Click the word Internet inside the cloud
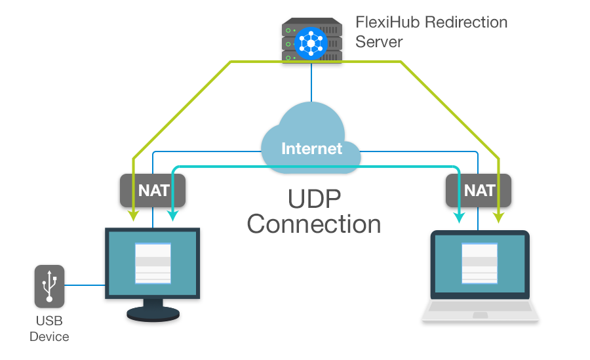pyautogui.click(x=311, y=148)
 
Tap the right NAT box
pyautogui.click(x=479, y=190)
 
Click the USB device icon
pyautogui.click(x=49, y=287)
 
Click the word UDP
pyautogui.click(x=315, y=197)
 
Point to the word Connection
pyautogui.click(x=314, y=224)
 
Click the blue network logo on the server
pyautogui.click(x=312, y=43)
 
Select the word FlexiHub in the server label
pyautogui.click(x=387, y=22)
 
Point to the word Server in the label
pyautogui.click(x=378, y=41)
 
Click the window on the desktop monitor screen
pyautogui.click(x=153, y=263)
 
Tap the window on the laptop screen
pyautogui.click(x=480, y=263)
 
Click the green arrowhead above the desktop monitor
pyautogui.click(x=134, y=216)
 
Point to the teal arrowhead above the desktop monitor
pyautogui.click(x=172, y=216)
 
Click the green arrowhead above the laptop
pyautogui.click(x=499, y=216)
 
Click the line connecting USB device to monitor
pyautogui.click(x=85, y=285)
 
